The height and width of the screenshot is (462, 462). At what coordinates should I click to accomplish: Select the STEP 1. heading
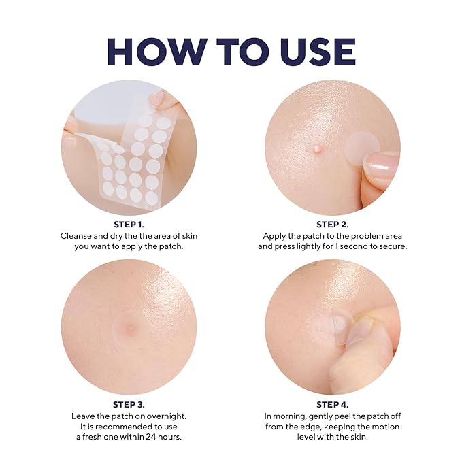tap(129, 225)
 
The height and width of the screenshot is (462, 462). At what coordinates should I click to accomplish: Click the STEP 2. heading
tap(332, 225)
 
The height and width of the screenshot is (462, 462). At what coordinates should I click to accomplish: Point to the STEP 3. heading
tap(129, 405)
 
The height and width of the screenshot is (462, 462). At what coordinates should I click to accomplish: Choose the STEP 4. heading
tap(332, 405)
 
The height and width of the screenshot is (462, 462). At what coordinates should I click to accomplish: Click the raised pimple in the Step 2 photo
tap(317, 148)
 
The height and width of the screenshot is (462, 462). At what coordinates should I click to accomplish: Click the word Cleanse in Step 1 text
tap(76, 236)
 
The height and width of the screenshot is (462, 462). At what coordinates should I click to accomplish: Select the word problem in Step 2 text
tap(365, 236)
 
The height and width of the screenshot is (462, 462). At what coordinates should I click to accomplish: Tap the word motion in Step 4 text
tap(386, 427)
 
